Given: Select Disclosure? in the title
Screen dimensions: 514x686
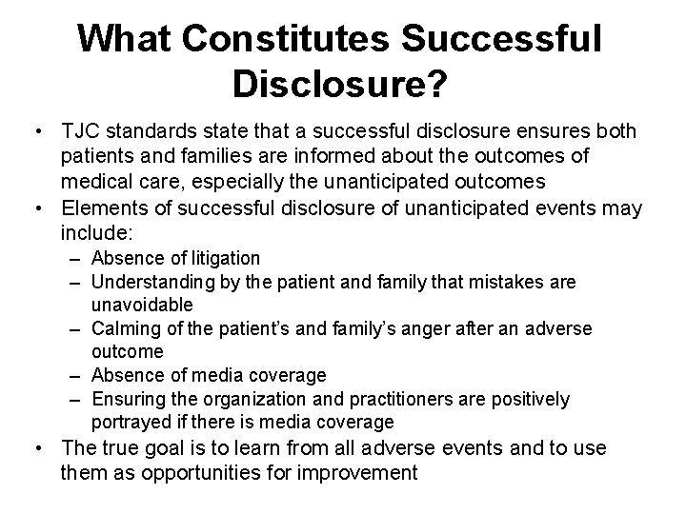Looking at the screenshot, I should tap(339, 85).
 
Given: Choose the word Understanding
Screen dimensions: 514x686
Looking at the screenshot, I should tap(147, 282).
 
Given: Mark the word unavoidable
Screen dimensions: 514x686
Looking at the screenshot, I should tap(142, 305).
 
